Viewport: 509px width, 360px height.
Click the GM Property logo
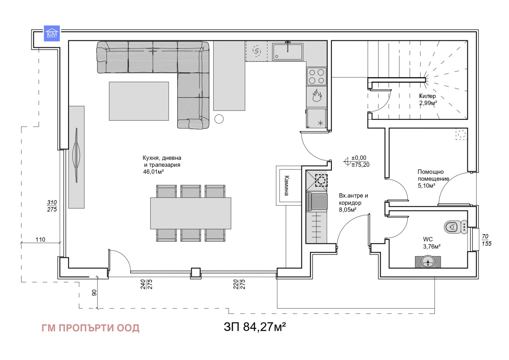coord(52,33)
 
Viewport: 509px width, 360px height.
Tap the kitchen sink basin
coord(287,52)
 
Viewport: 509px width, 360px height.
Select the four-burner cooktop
coord(317,76)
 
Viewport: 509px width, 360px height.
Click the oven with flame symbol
coord(317,96)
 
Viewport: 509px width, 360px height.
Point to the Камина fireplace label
coord(286,186)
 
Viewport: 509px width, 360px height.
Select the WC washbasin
coord(428,262)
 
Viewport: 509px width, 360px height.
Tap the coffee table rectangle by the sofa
coord(139,101)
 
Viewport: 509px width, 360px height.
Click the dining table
coord(191,213)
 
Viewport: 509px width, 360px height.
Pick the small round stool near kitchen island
coord(219,119)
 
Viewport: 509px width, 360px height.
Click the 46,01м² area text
coord(153,172)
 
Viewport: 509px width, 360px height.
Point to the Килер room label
coord(427,96)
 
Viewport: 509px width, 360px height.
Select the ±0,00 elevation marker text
coord(359,158)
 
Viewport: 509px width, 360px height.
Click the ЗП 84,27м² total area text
coord(254,327)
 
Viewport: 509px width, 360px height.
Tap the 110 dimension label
coord(40,239)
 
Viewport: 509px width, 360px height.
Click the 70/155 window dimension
coord(486,240)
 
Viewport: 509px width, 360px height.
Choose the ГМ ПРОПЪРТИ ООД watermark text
coord(90,328)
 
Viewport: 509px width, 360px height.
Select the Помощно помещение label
coord(433,175)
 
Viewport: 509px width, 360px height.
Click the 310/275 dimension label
coord(52,206)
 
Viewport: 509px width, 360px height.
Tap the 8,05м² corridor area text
coord(347,210)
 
